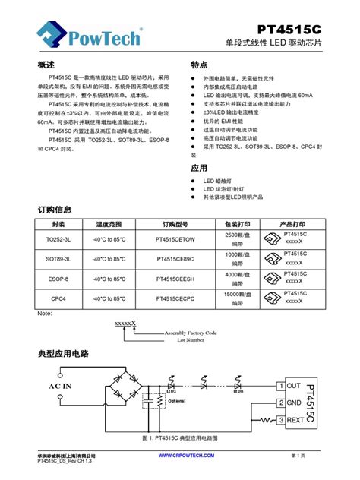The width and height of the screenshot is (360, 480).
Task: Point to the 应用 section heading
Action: [x=199, y=167]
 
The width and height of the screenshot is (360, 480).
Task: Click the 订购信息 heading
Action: [x=55, y=209]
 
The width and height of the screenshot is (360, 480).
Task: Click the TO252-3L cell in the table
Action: [x=58, y=239]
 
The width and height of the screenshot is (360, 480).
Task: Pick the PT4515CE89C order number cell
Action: [x=174, y=259]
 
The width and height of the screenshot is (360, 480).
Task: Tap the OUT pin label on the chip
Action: [x=294, y=387]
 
